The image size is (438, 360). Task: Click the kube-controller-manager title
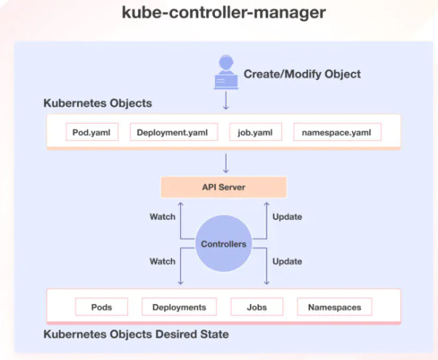(219, 14)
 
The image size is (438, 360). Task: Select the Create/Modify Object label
(301, 74)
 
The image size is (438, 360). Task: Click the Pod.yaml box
(91, 133)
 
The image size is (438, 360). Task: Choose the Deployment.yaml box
(172, 133)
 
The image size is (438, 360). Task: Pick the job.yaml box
(255, 133)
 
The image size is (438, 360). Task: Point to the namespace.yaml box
(337, 133)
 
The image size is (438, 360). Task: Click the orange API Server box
(224, 187)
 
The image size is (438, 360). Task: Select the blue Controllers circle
(224, 244)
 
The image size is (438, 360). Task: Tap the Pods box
(102, 307)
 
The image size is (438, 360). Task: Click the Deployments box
(179, 307)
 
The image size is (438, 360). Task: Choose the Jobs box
(256, 307)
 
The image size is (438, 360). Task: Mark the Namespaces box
(334, 307)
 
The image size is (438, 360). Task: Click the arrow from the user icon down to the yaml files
(225, 100)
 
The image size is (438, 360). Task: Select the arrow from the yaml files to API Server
(225, 162)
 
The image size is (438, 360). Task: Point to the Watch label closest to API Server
(162, 217)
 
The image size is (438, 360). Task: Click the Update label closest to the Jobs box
(287, 261)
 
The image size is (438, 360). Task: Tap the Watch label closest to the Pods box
(162, 261)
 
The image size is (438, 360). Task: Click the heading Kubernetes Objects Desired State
(137, 335)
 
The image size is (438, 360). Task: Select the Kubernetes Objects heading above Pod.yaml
(98, 103)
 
